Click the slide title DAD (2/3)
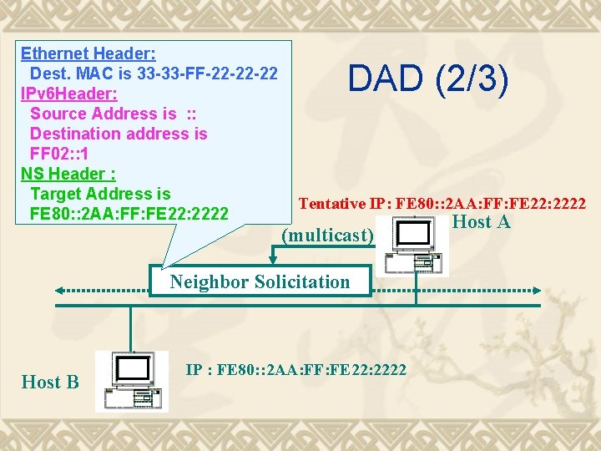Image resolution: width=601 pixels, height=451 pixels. (427, 79)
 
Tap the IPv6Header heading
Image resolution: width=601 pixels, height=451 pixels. (68, 94)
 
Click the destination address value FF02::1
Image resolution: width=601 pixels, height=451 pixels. (59, 154)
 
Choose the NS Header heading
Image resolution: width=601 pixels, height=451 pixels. (68, 174)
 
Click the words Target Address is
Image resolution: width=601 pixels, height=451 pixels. (100, 194)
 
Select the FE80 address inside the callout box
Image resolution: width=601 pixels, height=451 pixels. (129, 214)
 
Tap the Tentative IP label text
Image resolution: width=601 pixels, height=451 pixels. (442, 203)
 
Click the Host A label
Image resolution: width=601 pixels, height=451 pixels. (481, 222)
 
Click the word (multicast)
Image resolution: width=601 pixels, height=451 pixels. (327, 236)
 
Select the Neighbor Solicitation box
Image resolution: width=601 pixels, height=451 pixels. (260, 281)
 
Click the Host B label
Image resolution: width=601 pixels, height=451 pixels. (50, 383)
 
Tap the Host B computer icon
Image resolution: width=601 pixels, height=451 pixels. (131, 381)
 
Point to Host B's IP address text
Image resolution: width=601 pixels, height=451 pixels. (295, 369)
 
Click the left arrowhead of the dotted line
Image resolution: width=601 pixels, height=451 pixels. (61, 290)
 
